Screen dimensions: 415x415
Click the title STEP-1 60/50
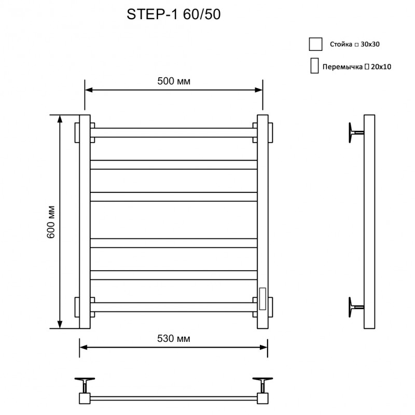tap(174, 15)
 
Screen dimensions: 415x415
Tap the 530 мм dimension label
tap(173, 339)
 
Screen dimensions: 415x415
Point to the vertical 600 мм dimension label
tap(51, 222)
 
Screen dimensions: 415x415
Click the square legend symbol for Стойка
tap(315, 44)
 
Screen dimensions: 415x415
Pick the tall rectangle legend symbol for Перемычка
tap(314, 66)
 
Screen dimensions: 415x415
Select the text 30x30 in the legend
tap(370, 45)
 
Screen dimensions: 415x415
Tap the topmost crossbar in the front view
tap(174, 132)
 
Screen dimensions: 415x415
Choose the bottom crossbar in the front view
tap(174, 307)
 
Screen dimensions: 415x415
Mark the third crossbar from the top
tap(174, 197)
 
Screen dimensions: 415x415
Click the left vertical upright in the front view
tap(85, 222)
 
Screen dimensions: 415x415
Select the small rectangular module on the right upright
tap(262, 299)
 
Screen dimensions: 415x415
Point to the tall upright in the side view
tap(369, 222)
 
